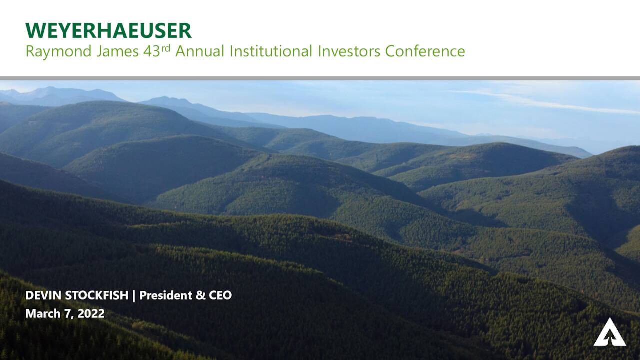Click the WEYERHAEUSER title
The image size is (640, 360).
108,31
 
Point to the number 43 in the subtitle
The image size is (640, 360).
151,51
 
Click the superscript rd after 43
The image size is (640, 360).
166,48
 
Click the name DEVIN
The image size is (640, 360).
43,295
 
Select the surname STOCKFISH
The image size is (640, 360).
97,295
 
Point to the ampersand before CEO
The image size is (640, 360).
200,295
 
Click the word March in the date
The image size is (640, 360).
41,314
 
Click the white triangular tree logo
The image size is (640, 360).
609,332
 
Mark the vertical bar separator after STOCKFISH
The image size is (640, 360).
134,295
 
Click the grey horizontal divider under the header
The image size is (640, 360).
320,78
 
